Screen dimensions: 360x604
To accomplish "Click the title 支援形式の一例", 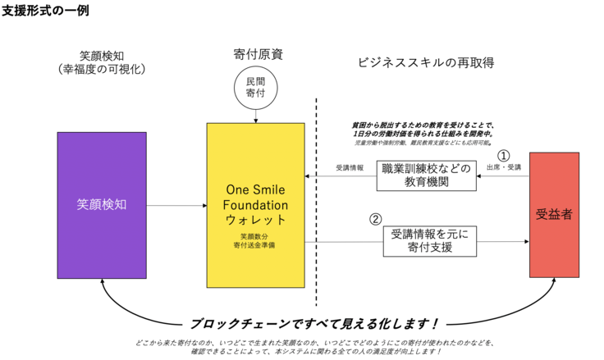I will click(x=46, y=11).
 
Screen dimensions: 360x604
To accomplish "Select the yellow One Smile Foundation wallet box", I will click(x=256, y=205).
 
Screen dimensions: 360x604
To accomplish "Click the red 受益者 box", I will click(x=555, y=215).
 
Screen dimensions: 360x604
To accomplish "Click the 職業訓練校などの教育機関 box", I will click(x=427, y=175).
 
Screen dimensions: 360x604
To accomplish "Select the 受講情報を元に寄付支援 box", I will click(x=428, y=239).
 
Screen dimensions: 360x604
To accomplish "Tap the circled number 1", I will click(x=504, y=154).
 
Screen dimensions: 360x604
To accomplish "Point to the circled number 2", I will click(x=375, y=219).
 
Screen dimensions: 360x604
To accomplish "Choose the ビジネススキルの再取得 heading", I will click(x=427, y=62).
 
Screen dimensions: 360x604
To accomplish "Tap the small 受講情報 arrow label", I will click(x=349, y=167).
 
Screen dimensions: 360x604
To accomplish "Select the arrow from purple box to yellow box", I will click(x=176, y=205).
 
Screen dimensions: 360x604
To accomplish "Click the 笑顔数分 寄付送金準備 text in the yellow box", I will click(x=256, y=240).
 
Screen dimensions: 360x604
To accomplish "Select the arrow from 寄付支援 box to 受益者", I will click(x=501, y=242).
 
